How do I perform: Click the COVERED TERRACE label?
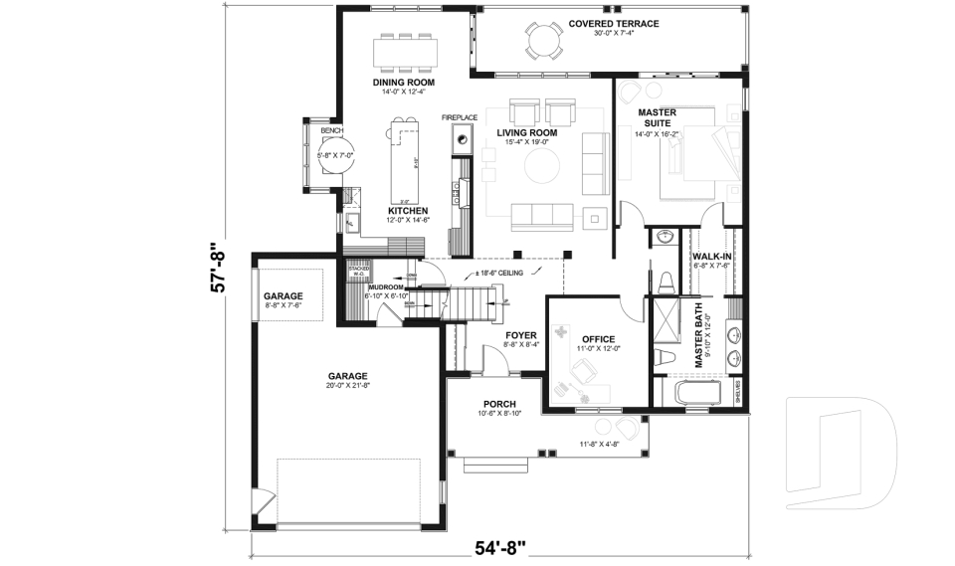pos(614,23)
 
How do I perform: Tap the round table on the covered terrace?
pos(543,43)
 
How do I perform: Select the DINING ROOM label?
pos(403,83)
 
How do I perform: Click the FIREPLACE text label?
pos(461,118)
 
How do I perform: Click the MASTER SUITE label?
pos(657,118)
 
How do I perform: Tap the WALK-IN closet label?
pos(711,256)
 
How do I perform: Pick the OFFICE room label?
pos(598,339)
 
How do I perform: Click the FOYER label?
pos(521,335)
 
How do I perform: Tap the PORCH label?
pos(499,403)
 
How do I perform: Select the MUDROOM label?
pos(385,287)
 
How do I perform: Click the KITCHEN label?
pos(408,211)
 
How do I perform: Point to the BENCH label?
pos(331,130)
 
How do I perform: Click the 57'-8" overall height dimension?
pos(220,269)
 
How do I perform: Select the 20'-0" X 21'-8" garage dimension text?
pos(348,385)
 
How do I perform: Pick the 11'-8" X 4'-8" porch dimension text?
pos(599,444)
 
